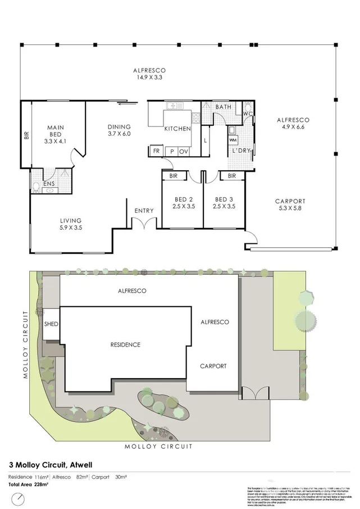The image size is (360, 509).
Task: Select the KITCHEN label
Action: point(177,129)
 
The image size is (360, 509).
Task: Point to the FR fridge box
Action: point(155,151)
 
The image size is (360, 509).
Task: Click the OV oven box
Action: point(184,151)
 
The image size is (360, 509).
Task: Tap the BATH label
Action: point(223,107)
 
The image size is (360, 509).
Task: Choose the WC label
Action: point(247,113)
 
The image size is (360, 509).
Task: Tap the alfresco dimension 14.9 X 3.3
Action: point(149,78)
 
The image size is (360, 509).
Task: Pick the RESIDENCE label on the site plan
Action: point(125,344)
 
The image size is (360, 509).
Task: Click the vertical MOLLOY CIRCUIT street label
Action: point(26,344)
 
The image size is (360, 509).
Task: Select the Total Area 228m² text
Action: point(29,484)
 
